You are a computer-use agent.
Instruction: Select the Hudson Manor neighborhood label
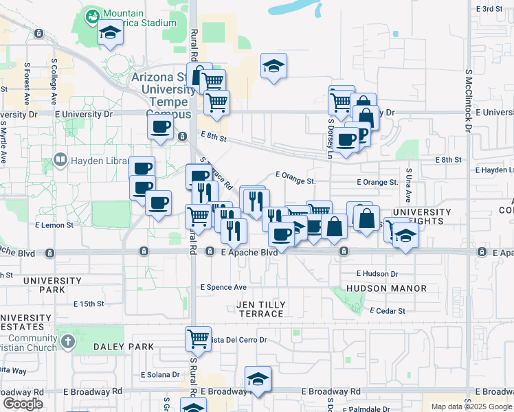coord(386,288)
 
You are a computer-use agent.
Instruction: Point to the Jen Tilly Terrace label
coord(260,309)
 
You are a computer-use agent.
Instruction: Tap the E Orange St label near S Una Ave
coord(377,183)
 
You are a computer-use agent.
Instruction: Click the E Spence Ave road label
coord(223,287)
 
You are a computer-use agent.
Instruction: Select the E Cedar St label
coord(388,311)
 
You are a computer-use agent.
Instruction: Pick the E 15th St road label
coord(89,304)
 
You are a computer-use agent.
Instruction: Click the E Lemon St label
coord(54,225)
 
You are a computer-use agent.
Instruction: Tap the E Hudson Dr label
coord(377,273)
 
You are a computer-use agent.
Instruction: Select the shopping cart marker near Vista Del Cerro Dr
coord(198,338)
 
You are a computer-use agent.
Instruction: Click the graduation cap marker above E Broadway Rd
coord(258,378)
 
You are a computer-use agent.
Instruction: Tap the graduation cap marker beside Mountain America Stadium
coord(110,32)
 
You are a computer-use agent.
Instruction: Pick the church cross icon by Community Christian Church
coord(67,341)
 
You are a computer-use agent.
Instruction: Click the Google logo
coord(23,404)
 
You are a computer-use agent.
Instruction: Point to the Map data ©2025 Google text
coord(471,407)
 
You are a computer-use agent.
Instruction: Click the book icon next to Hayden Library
coord(60,161)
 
